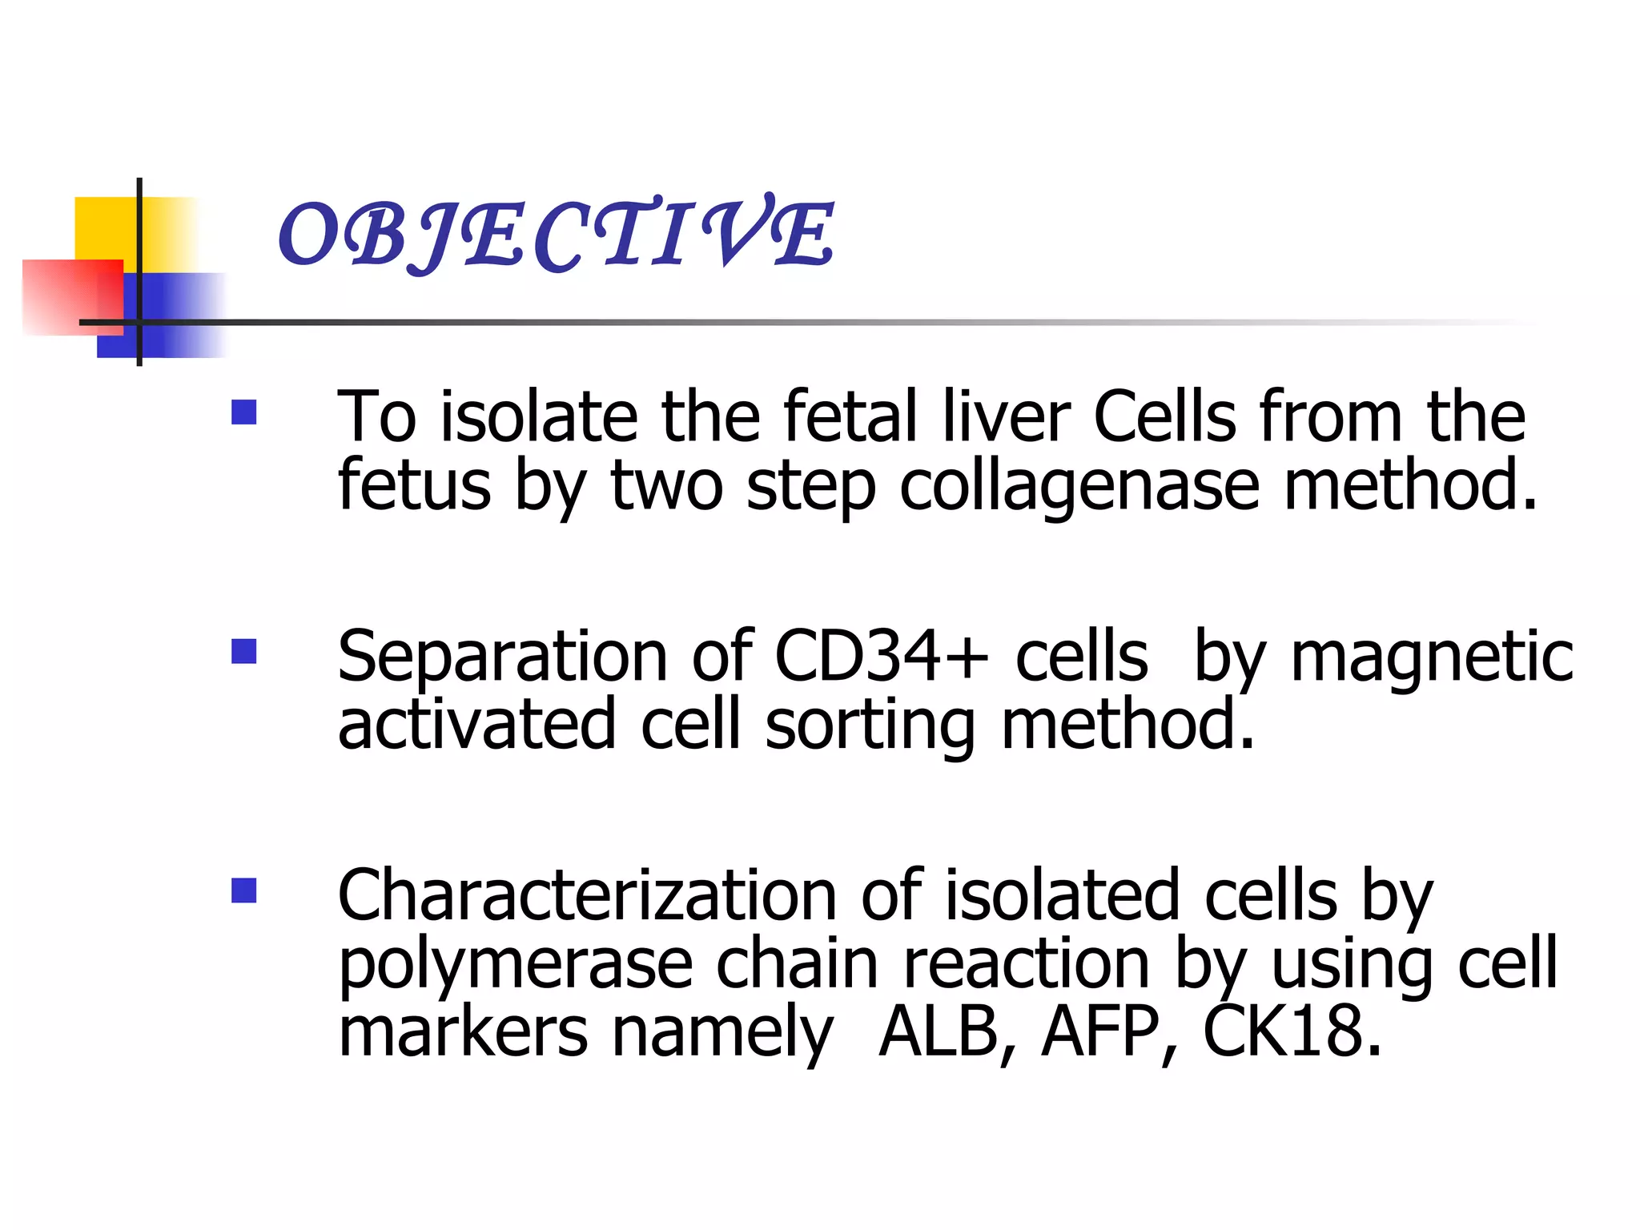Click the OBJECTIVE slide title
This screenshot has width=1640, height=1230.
556,233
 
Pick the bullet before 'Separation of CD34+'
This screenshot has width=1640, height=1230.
243,651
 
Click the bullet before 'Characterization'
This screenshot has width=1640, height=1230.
243,890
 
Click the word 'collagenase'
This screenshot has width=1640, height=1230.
1079,486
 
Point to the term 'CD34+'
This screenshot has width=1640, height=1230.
881,657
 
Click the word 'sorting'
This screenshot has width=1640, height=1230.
870,726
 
